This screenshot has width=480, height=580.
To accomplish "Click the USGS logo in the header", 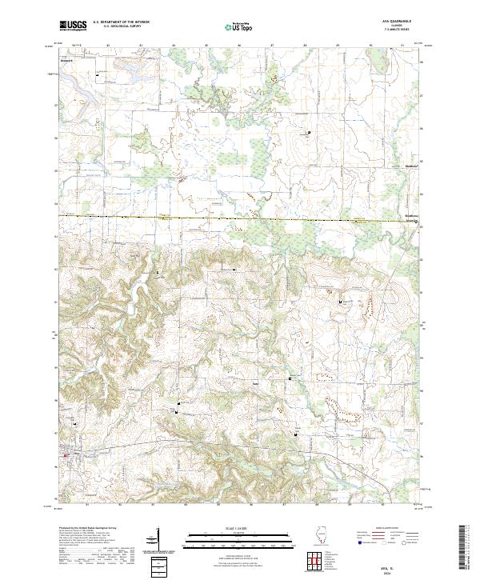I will pyautogui.click(x=73, y=26).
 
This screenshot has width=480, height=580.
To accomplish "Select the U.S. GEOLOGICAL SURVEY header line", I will pyautogui.click(x=117, y=26).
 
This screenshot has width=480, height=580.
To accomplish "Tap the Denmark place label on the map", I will pyautogui.click(x=66, y=58).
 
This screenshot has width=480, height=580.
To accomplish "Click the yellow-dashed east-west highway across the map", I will pyautogui.click(x=240, y=218).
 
